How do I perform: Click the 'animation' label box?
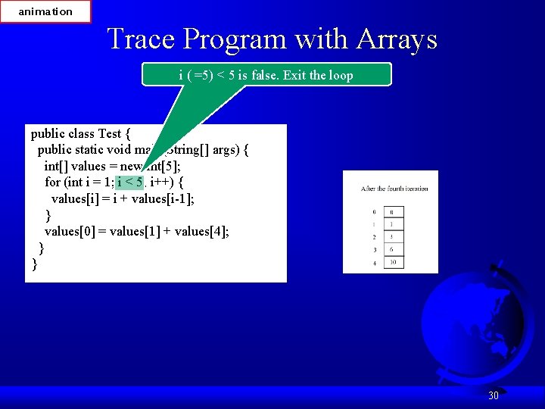click(x=45, y=11)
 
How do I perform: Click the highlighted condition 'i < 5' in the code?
click(x=129, y=183)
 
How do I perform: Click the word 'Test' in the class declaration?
click(x=110, y=134)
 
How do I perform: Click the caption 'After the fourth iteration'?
click(x=394, y=189)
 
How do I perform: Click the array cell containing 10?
click(x=392, y=262)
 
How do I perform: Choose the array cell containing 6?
click(x=392, y=249)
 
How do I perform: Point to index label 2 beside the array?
click(x=374, y=237)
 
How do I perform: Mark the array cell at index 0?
click(x=392, y=212)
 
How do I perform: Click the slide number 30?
click(x=493, y=395)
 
